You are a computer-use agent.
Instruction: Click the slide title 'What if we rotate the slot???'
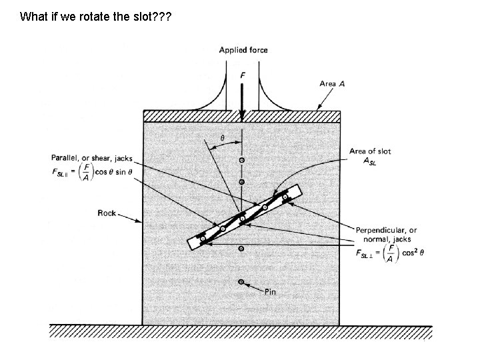click(x=95, y=16)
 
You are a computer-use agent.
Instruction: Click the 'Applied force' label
click(x=243, y=50)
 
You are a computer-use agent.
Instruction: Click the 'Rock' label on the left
click(x=107, y=213)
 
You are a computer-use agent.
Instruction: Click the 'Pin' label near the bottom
click(x=270, y=291)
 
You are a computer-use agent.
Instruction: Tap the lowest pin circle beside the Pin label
click(x=241, y=282)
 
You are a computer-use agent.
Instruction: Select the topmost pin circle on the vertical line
click(x=241, y=160)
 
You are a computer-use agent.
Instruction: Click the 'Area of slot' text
click(x=370, y=151)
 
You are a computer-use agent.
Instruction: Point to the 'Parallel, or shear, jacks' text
click(x=92, y=159)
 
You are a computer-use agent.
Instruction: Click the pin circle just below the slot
click(x=241, y=248)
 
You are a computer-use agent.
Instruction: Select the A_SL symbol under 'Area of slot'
click(x=371, y=163)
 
